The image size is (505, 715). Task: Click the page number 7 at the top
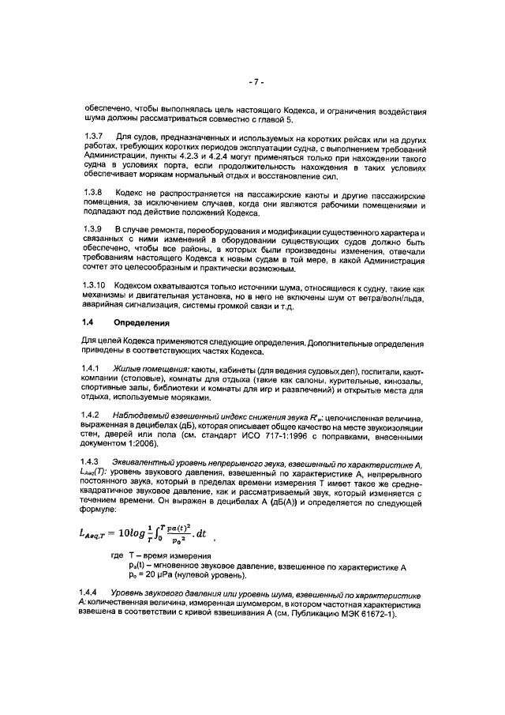[252, 81]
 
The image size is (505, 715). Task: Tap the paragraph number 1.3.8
[93, 193]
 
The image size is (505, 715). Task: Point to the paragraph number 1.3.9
[93, 230]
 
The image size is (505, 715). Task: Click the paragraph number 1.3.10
[95, 284]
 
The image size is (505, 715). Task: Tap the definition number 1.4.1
[93, 369]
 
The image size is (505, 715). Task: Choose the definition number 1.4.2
[93, 415]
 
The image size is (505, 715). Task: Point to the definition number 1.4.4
[93, 593]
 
